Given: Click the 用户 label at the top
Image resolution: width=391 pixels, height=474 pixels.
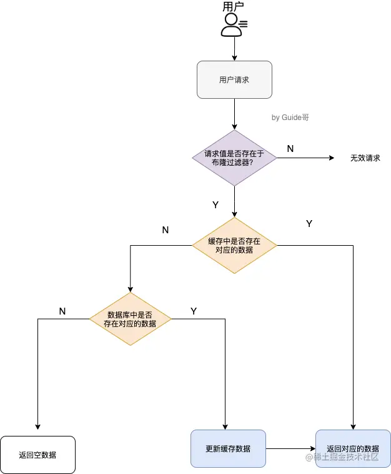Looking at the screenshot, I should pos(233,7).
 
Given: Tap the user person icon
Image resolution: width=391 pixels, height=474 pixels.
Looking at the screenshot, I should pos(232,24).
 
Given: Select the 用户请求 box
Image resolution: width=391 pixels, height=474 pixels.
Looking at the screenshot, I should pos(234,79).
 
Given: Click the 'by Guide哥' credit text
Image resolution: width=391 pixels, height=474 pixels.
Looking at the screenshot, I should pos(290,117).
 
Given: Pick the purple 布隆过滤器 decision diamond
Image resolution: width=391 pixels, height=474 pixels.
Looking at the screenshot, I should pos(234,158).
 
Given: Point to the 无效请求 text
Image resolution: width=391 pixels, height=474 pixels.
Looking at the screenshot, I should pos(365,158).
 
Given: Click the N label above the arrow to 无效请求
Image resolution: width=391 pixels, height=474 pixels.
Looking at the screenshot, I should pos(290,148).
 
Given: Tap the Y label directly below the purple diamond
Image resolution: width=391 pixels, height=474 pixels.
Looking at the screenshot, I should pos(215,204).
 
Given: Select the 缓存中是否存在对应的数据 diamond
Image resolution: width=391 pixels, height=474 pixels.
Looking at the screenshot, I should pos(234,245).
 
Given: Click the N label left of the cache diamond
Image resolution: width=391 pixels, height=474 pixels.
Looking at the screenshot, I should pos(166,229).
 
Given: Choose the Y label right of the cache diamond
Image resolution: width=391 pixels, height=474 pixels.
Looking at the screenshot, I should pos(309,223).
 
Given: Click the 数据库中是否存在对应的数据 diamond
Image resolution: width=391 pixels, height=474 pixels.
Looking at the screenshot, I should pos(131,319).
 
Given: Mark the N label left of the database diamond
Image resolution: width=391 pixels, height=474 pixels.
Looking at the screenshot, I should pos(62,311).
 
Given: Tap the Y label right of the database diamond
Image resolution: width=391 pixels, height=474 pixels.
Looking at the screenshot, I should pos(194,311).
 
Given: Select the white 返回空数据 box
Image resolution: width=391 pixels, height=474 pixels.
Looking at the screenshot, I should pos(38,455).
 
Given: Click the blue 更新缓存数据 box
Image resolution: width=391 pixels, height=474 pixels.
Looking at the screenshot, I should pos(228,448).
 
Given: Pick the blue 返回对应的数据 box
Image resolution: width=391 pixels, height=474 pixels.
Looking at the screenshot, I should pos(353,448).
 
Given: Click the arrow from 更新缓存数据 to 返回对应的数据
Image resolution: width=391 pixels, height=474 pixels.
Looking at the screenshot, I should pos(290,448).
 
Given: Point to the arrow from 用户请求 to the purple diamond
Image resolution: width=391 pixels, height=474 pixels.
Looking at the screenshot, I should pos(234,114).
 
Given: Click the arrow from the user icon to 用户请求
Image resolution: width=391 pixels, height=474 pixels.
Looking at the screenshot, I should pos(234,49).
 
